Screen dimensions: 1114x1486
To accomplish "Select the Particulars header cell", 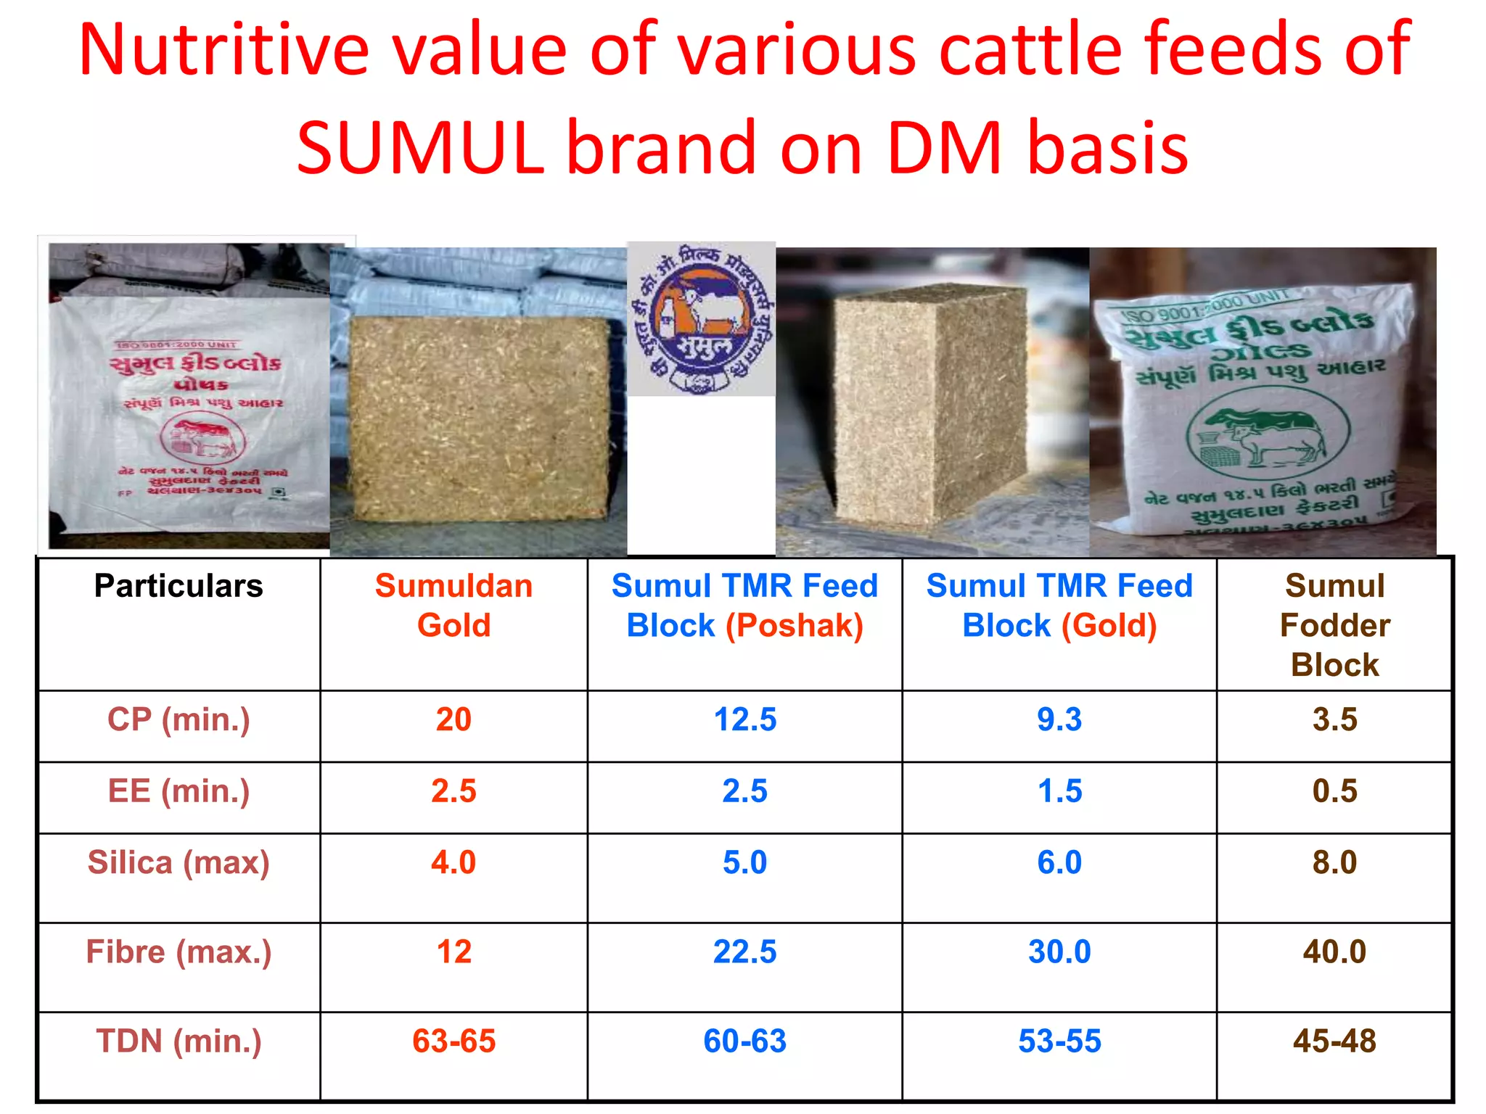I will point(178,586).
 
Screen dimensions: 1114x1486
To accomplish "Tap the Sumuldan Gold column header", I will point(453,606).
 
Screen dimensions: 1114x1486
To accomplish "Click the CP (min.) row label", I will point(178,719).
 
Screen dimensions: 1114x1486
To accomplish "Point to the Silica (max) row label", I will point(178,862).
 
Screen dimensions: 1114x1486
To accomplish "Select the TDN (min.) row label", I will point(178,1041).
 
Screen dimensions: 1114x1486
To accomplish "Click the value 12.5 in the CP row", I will point(744,719).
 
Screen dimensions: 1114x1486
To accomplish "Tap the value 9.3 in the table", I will point(1059,719).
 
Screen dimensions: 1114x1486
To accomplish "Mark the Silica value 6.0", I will point(1059,862).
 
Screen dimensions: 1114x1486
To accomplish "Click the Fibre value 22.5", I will point(744,952).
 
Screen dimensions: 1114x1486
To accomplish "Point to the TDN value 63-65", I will point(453,1041).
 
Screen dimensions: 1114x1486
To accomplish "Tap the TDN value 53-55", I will point(1059,1041).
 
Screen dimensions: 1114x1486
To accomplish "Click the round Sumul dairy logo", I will point(701,319).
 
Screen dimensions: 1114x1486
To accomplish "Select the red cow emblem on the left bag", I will point(203,438).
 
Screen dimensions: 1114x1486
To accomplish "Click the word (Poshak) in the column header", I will point(795,625).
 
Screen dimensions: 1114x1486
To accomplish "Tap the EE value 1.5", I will point(1059,791).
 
